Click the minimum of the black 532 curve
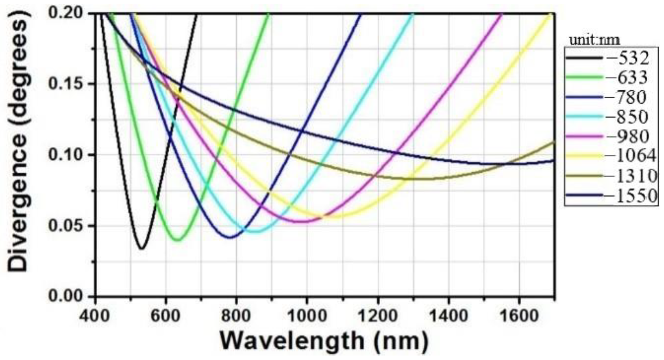click(142, 248)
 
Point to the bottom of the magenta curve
click(301, 221)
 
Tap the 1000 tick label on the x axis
click(306, 315)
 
